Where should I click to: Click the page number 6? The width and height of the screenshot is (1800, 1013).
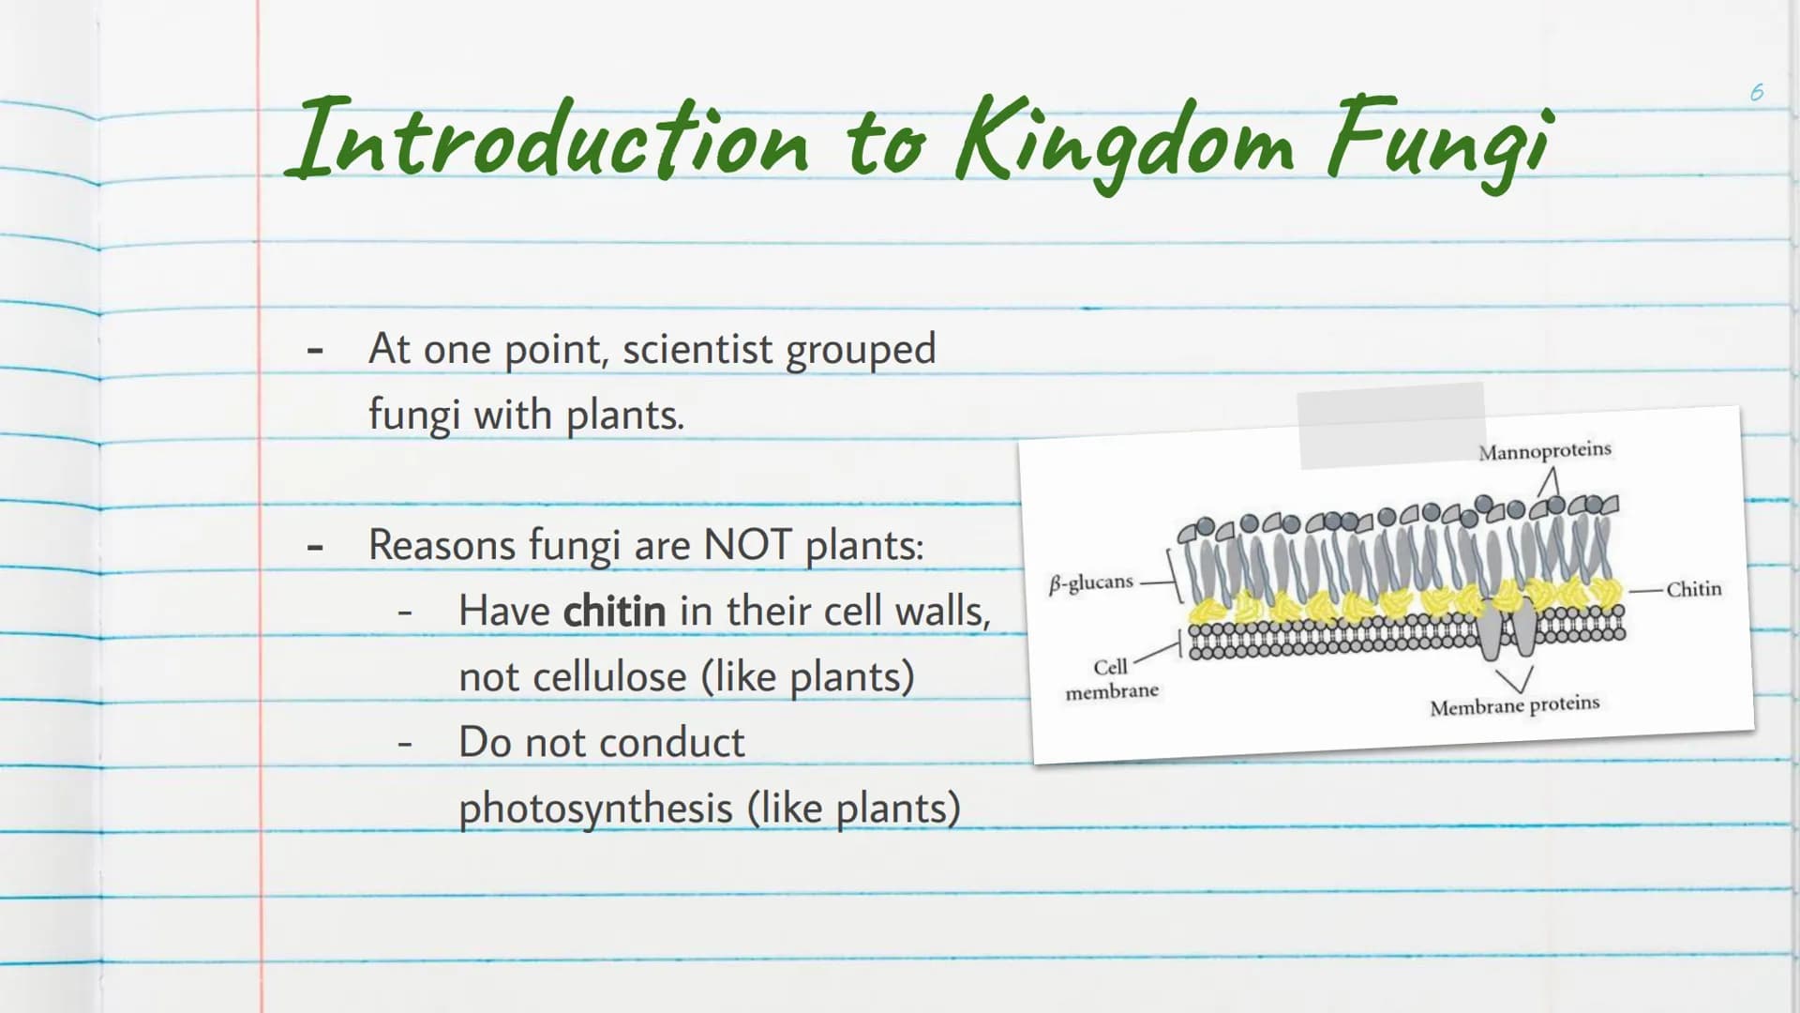click(x=1757, y=92)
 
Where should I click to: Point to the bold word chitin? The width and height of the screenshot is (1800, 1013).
click(x=614, y=612)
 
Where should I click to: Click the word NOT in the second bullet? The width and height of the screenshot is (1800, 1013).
click(x=747, y=545)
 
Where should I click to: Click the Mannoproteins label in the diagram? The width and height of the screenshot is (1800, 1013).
click(x=1545, y=451)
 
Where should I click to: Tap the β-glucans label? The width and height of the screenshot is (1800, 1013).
click(x=1091, y=583)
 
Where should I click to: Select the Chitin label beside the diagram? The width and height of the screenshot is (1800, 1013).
click(x=1693, y=589)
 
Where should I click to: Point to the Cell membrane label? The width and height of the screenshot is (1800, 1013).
click(x=1112, y=679)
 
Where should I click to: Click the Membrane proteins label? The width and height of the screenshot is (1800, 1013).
click(x=1515, y=705)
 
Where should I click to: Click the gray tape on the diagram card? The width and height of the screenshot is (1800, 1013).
click(x=1391, y=425)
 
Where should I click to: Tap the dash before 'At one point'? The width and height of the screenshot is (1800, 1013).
click(x=315, y=351)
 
